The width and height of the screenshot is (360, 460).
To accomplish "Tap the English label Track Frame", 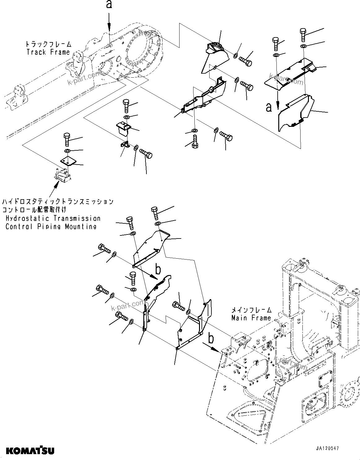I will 48,52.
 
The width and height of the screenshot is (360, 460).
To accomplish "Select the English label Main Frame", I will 251,318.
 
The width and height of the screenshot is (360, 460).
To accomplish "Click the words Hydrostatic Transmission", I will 53,218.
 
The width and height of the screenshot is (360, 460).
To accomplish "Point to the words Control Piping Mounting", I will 51,226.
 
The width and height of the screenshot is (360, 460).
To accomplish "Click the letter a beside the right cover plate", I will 269,107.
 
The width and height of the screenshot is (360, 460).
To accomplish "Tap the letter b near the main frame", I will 211,339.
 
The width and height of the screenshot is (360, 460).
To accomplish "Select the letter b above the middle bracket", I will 158,270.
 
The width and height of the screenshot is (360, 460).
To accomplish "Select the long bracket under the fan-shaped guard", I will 203,96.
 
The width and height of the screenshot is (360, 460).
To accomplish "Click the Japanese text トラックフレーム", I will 49,44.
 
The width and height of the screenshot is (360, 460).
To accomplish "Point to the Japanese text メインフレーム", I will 252,310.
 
